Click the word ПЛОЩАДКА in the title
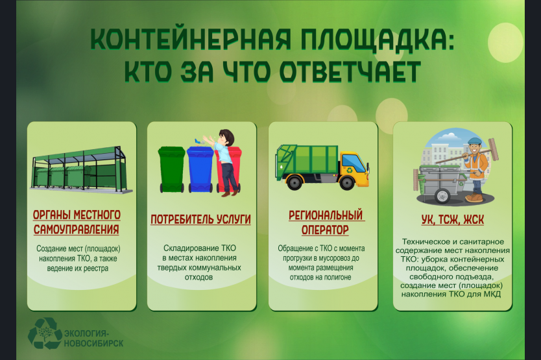[x=377, y=40]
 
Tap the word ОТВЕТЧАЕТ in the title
[x=350, y=72]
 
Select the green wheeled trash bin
[x=171, y=169]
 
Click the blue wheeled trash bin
[x=200, y=169]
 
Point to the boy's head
[x=226, y=137]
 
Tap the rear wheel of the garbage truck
[x=295, y=182]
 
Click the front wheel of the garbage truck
[x=347, y=182]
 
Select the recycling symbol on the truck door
[x=350, y=170]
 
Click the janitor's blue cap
[x=474, y=141]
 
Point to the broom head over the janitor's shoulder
[x=494, y=149]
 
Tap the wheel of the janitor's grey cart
[x=442, y=196]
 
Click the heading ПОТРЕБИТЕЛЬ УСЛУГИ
[x=200, y=219]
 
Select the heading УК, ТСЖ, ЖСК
[x=452, y=219]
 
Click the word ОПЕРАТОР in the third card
[x=325, y=230]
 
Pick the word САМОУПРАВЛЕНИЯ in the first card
[x=77, y=229]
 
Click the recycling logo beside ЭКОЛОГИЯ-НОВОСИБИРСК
[x=45, y=333]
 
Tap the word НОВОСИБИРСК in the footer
[x=93, y=343]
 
